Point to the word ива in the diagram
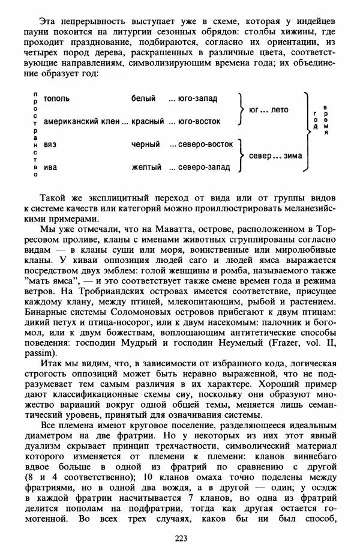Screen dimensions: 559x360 (50, 167)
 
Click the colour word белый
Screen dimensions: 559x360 (143, 98)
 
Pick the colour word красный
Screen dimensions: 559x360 (148, 121)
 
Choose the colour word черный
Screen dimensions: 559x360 (146, 144)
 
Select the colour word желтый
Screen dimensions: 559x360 (146, 167)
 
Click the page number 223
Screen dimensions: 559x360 (181, 538)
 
